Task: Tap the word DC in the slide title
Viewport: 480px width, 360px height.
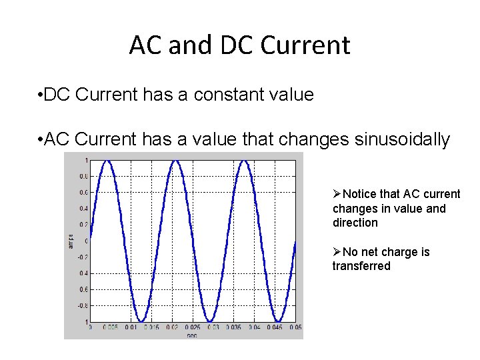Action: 237,45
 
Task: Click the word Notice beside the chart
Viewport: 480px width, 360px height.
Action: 359,194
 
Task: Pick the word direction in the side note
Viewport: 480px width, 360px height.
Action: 355,223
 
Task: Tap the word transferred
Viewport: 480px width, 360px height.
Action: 361,266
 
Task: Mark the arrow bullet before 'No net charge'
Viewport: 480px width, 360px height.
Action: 337,252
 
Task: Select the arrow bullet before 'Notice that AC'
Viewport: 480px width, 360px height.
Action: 337,194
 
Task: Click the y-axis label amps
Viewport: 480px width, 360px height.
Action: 71,241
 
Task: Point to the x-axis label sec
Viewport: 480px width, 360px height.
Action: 192,335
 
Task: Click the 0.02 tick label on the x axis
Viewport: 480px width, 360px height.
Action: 173,327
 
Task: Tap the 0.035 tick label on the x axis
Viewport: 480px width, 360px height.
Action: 234,327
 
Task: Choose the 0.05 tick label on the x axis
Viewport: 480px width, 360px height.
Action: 295,327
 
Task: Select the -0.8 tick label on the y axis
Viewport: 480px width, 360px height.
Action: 83,305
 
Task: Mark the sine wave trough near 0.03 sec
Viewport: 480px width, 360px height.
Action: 211,321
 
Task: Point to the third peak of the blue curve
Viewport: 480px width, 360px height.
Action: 245,161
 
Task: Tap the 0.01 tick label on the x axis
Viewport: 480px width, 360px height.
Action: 131,327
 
